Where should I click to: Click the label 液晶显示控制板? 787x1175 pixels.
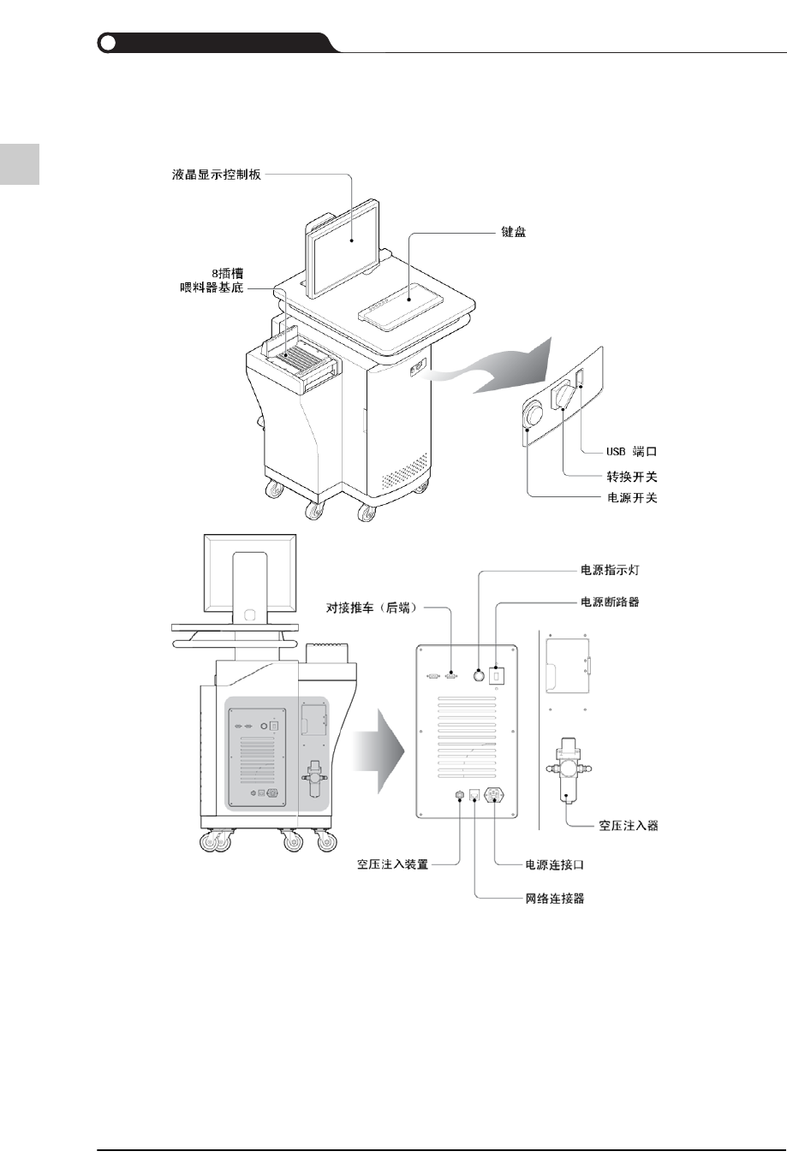coord(216,175)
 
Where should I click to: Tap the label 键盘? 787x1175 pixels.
coord(513,232)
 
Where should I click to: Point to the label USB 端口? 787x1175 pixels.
coord(631,450)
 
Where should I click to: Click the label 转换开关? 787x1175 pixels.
coord(632,477)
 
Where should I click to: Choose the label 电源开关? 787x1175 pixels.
coord(632,498)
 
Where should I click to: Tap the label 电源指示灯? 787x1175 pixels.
coord(610,569)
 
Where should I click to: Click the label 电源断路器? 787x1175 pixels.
coord(610,602)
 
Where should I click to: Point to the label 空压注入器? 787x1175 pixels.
coord(629,826)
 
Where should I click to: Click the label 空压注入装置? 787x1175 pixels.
coord(392,864)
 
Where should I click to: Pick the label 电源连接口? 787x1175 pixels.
coord(555,864)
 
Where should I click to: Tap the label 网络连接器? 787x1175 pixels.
coord(555,899)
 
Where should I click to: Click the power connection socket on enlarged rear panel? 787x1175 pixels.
coord(495,796)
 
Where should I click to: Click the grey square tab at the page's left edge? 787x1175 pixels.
coord(20,163)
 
